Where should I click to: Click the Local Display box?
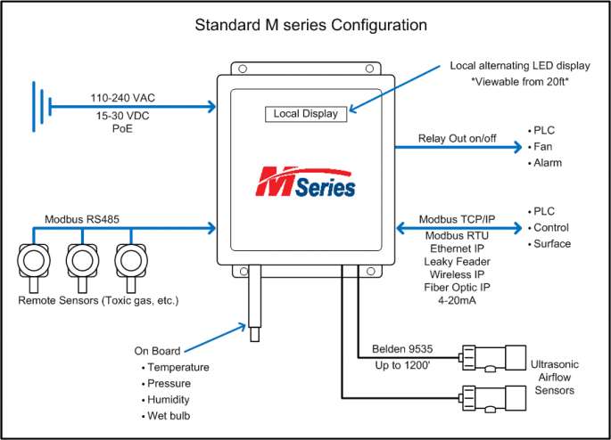305,114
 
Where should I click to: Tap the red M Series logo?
306,182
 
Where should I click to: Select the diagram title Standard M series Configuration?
305,24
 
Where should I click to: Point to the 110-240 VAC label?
123,98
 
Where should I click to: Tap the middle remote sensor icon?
82,263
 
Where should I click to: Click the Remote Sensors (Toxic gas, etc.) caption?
99,301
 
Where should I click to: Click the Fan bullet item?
542,146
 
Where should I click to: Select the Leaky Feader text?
456,264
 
